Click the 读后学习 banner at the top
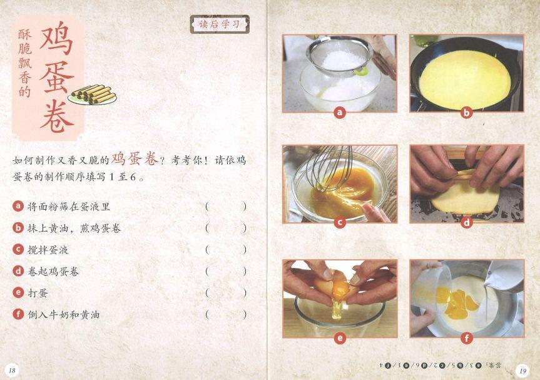coord(220,24)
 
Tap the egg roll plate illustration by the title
coord(93,95)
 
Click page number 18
coord(12,371)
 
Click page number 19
coord(522,371)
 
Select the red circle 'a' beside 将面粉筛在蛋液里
coord(18,206)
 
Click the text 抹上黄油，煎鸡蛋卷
coord(74,228)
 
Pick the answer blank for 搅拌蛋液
coord(226,249)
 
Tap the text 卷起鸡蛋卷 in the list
coord(53,272)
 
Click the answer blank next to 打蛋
coord(226,293)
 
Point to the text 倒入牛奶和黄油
coord(64,314)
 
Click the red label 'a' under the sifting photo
coord(340,112)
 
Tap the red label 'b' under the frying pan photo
coord(466,112)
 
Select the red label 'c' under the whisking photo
coord(340,223)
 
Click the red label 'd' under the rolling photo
coord(466,223)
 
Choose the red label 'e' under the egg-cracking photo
coord(340,338)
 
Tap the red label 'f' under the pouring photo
coord(466,338)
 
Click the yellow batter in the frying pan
coord(465,80)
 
